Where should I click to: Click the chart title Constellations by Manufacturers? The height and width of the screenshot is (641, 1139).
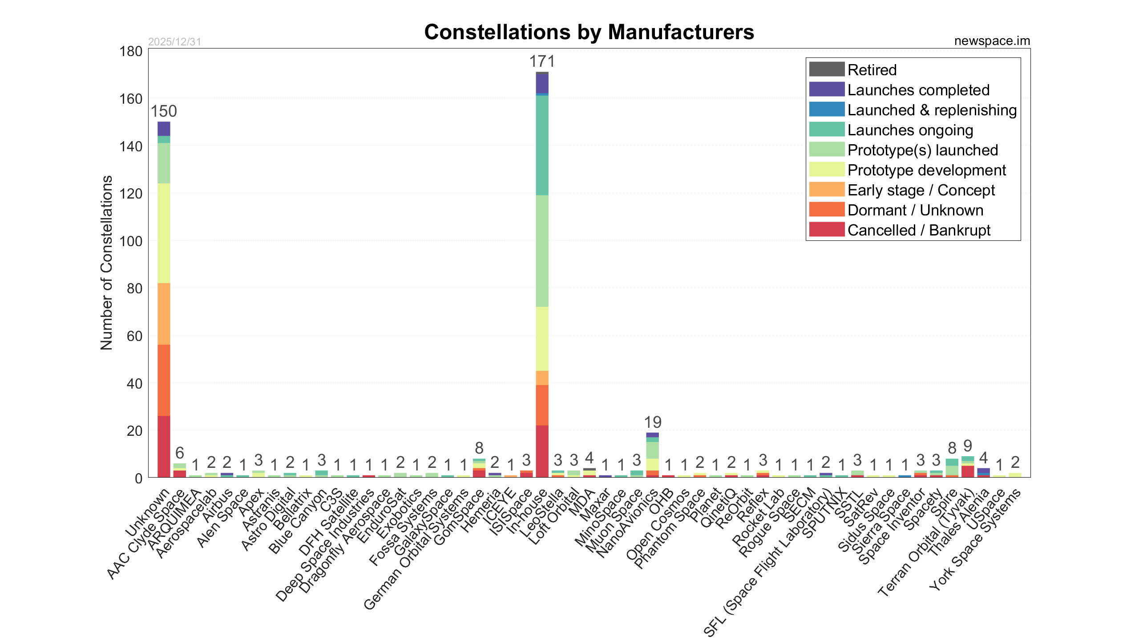[x=589, y=32]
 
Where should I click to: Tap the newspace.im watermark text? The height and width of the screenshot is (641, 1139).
[x=992, y=41]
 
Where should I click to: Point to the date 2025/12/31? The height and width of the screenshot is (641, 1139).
[x=174, y=42]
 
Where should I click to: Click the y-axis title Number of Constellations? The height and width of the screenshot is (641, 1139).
[x=107, y=263]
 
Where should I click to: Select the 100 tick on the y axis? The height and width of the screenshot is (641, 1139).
[x=131, y=241]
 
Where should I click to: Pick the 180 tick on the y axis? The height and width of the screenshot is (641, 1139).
[x=131, y=52]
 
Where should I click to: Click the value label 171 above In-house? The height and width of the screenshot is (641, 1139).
[x=542, y=61]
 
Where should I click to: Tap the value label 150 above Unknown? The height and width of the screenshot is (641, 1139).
[x=164, y=111]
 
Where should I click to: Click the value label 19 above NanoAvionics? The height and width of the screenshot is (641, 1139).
[x=653, y=422]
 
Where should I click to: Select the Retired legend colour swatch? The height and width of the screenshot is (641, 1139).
[x=827, y=69]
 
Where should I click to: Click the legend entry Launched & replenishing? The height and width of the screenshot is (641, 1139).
[x=932, y=110]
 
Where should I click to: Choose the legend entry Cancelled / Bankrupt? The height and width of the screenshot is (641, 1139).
[x=919, y=230]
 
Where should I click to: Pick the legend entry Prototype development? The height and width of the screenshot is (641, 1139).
[x=926, y=170]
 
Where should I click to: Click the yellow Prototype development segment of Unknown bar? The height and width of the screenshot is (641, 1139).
[x=164, y=233]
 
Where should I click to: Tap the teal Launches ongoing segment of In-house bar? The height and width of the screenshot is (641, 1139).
[x=542, y=145]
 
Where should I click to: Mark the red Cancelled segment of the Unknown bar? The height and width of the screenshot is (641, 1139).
[x=164, y=446]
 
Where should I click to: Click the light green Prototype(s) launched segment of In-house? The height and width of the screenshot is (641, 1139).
[x=542, y=251]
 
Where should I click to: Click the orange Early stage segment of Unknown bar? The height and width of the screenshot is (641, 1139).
[x=164, y=314]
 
